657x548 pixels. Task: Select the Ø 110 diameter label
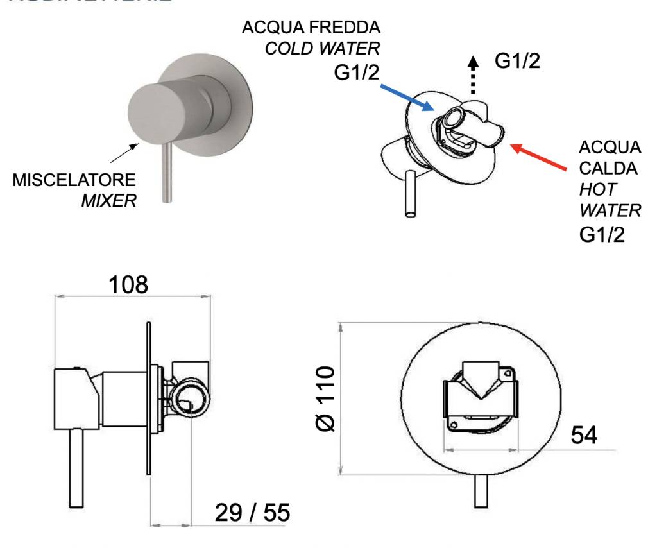coord(325,398)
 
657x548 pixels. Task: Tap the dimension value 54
coord(583,435)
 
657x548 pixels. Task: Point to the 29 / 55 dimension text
coord(252,513)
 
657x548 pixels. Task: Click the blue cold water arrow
coord(407,94)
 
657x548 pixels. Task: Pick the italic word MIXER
coord(109,200)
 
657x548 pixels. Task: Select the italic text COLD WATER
coord(324,49)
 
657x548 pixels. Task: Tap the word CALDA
coord(604,170)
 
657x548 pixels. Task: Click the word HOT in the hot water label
coord(593,191)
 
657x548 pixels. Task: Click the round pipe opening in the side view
coord(191,402)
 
